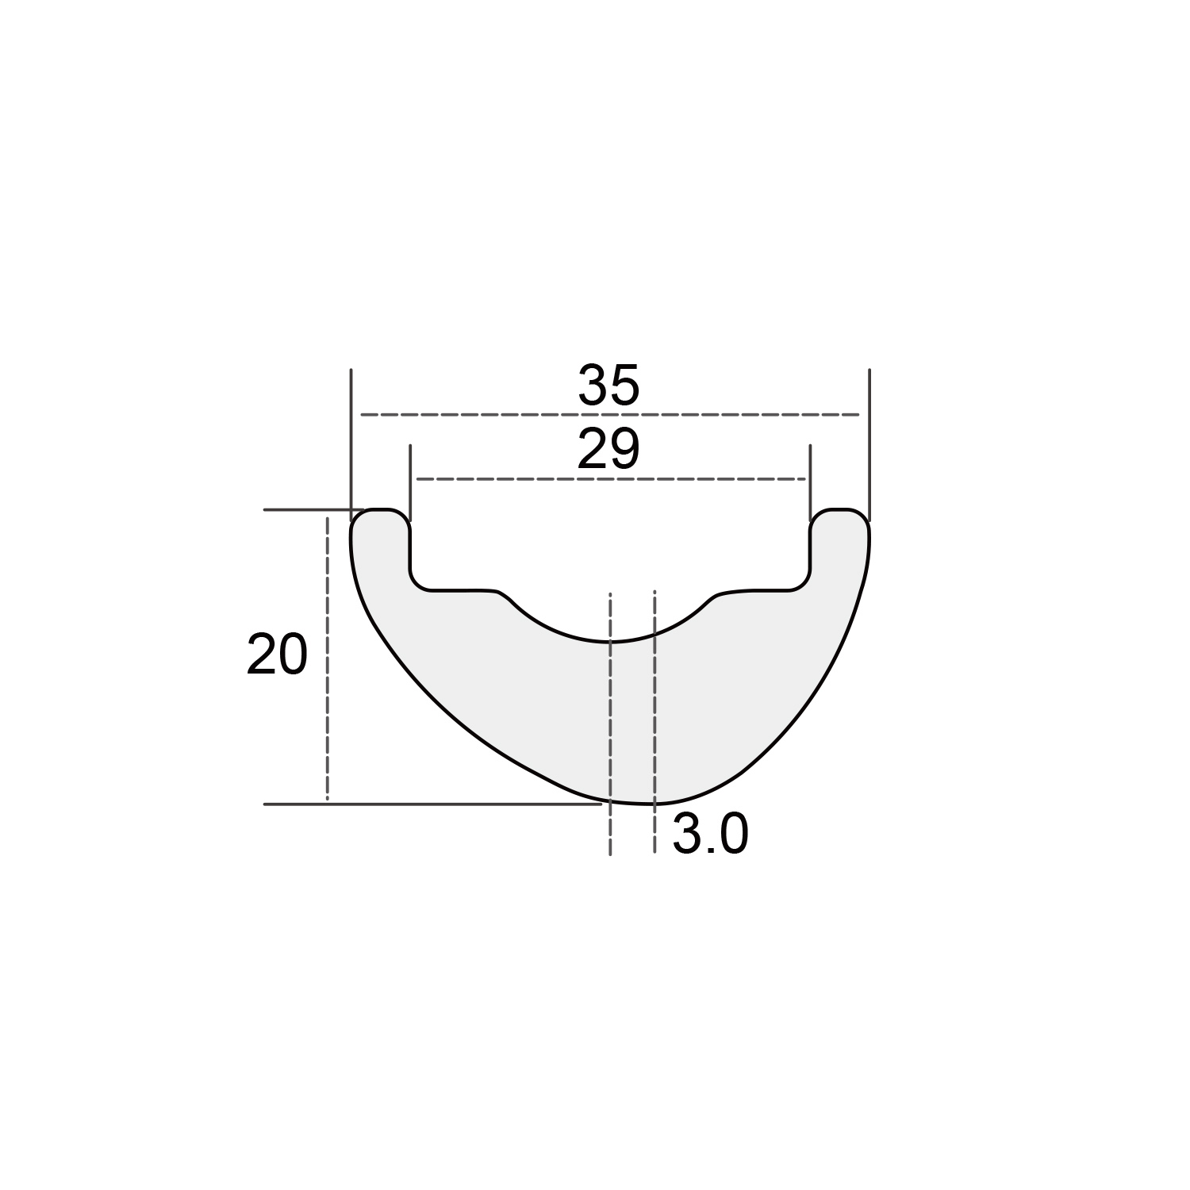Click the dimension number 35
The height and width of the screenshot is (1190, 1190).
pyautogui.click(x=608, y=386)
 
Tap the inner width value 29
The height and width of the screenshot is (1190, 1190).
pyautogui.click(x=608, y=451)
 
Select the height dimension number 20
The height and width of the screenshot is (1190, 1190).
pyautogui.click(x=277, y=655)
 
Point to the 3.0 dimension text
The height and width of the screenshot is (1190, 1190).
pyautogui.click(x=710, y=835)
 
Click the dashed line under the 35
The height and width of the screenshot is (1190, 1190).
pyautogui.click(x=610, y=414)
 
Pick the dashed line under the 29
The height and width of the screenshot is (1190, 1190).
pyautogui.click(x=610, y=479)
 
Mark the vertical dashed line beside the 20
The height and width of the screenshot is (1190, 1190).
pyautogui.click(x=327, y=658)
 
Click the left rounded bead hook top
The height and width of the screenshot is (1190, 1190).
pyautogui.click(x=381, y=509)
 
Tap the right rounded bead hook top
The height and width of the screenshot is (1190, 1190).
pyautogui.click(x=840, y=509)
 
